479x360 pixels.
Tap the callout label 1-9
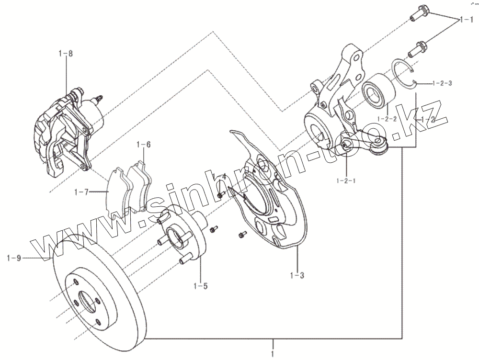[x=14, y=259]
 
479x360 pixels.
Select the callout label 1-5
[x=201, y=286]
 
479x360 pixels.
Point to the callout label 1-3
[x=297, y=275]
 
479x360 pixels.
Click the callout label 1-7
[x=81, y=192]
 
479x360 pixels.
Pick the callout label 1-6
[x=144, y=144]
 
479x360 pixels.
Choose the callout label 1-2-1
[x=346, y=180]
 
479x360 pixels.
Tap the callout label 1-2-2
[x=387, y=119]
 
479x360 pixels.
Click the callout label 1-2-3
[x=442, y=83]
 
